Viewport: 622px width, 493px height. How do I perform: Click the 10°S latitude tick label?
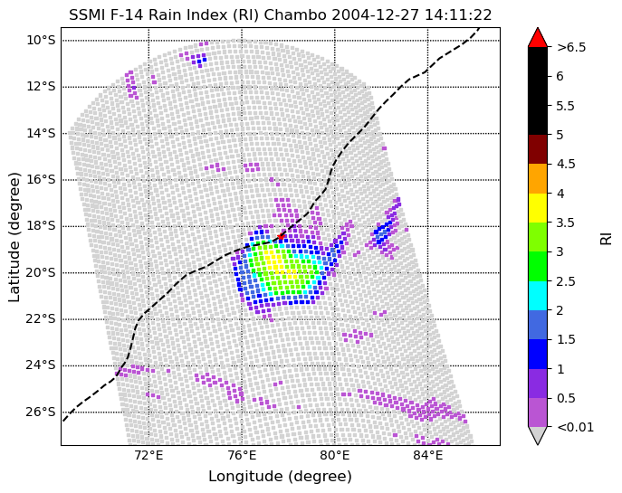tap(42, 40)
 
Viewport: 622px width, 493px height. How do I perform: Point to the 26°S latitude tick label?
tap(42, 412)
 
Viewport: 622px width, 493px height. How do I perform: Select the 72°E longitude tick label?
tap(148, 455)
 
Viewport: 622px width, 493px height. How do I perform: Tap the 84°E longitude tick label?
tap(428, 455)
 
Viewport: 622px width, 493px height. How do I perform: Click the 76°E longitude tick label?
tap(242, 455)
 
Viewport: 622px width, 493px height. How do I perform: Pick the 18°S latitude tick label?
tap(42, 226)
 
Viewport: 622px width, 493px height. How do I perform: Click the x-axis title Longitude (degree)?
tap(280, 477)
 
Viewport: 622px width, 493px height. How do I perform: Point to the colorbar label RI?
tap(607, 237)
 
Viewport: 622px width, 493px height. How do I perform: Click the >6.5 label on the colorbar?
tap(571, 47)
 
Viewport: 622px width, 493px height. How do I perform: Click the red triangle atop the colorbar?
tap(537, 37)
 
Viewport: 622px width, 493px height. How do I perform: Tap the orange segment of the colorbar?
tap(537, 178)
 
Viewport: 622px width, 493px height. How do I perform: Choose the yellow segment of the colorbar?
tap(537, 207)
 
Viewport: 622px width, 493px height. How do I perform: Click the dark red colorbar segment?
tap(537, 149)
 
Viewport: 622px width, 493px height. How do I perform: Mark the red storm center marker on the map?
tap(282, 236)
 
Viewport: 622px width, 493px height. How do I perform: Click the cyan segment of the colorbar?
tap(537, 295)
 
